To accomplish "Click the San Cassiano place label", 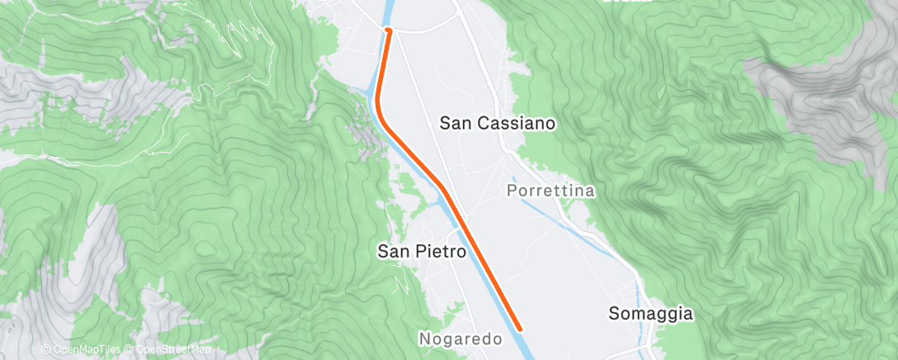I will coord(498,123).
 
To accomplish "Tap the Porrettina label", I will coord(550,191).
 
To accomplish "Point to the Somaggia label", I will coord(650,314).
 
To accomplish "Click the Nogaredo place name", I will coord(461,339).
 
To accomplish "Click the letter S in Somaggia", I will coord(614,314).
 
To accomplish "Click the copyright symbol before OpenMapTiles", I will coord(46,349).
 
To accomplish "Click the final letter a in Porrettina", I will coord(589,191).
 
